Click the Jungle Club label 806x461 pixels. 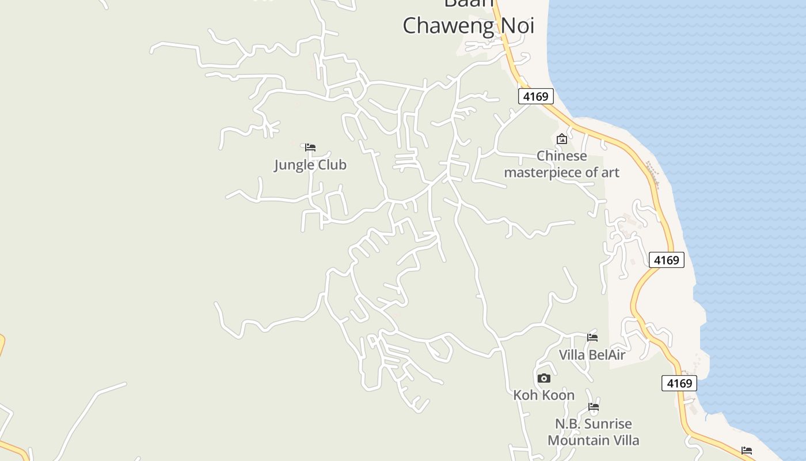point(310,165)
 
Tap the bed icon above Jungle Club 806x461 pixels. point(310,147)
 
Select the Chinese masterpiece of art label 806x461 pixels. point(561,164)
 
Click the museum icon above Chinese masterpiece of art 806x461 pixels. point(562,139)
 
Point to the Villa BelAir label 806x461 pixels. point(592,355)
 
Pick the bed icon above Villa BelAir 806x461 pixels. point(592,337)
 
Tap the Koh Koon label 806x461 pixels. point(543,395)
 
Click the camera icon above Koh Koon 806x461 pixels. point(543,378)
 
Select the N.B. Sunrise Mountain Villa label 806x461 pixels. point(593,432)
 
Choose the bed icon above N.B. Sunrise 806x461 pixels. point(594,407)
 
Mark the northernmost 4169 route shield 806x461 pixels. point(535,96)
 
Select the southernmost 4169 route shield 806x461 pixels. point(679,383)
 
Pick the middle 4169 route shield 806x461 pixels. point(667,260)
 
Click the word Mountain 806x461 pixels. point(577,440)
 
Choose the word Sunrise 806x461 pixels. point(609,424)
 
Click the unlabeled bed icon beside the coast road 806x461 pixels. point(747,450)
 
